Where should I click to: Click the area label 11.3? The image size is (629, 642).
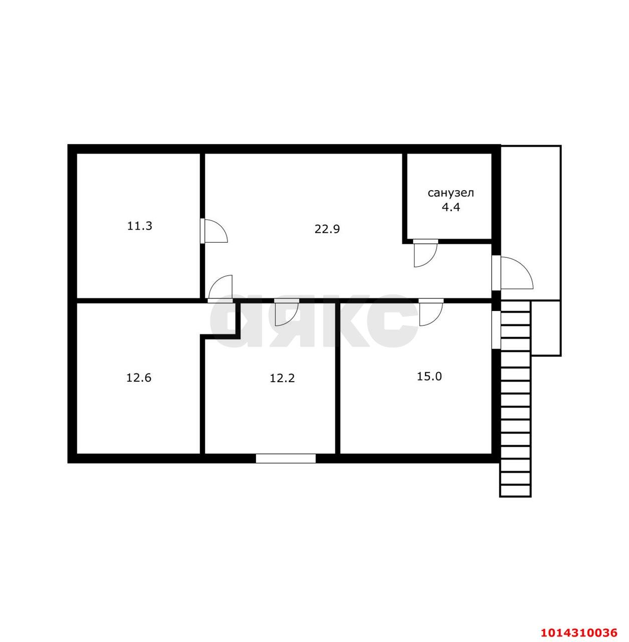point(139,226)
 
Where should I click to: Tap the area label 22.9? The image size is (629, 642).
point(327,229)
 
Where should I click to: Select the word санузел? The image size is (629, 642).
point(451,193)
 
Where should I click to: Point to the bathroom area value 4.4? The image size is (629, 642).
point(451,208)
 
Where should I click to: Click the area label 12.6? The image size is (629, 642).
point(139,378)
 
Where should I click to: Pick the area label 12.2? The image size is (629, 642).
point(282,379)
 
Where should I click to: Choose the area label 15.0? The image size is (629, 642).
point(429,377)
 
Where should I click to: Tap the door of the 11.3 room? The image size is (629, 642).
point(214,231)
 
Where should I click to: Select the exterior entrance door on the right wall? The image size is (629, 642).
point(513,272)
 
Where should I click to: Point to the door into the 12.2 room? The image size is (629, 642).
point(287,312)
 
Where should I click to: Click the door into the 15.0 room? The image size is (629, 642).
point(431,312)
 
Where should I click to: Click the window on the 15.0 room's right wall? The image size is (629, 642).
point(496,330)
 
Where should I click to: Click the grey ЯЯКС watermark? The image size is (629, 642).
point(313,320)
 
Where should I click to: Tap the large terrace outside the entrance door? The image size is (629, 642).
point(531,223)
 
